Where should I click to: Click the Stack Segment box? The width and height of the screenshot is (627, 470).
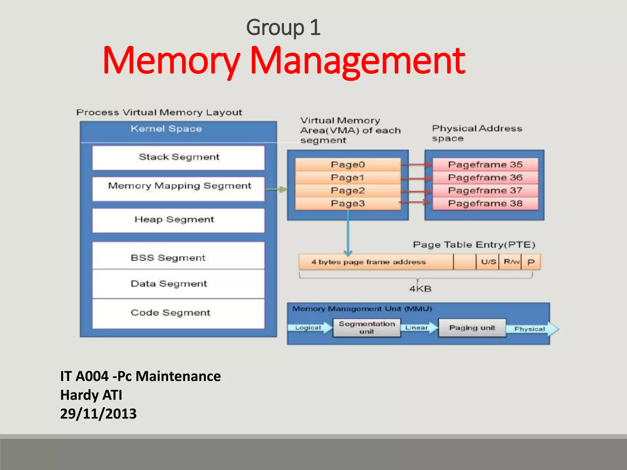[178, 158]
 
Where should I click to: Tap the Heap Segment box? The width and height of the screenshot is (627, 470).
[178, 220]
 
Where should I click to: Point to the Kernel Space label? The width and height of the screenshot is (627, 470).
[166, 129]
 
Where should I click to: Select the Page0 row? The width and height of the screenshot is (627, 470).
[348, 165]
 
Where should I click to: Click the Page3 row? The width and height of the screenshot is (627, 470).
[348, 203]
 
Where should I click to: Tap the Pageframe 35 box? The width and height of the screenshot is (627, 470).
[485, 165]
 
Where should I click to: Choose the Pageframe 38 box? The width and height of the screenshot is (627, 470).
[485, 203]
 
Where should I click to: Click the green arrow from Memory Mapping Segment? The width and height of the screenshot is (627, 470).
[276, 189]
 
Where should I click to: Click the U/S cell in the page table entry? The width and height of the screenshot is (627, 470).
[488, 262]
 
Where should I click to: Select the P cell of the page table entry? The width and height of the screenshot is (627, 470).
[531, 262]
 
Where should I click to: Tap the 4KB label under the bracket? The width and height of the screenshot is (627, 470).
[420, 289]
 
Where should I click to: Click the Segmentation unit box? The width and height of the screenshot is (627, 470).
[366, 328]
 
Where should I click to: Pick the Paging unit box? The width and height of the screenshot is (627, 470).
[472, 328]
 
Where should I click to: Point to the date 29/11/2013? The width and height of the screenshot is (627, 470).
[98, 414]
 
